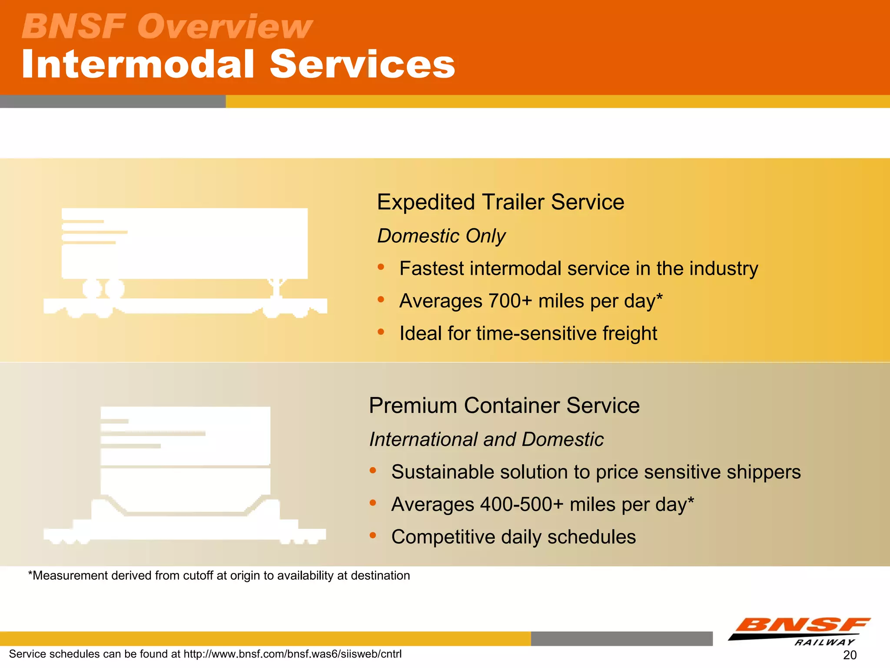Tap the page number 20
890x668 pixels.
pyautogui.click(x=850, y=655)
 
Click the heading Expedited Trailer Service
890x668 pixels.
pyautogui.click(x=500, y=202)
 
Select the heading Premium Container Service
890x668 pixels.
pyautogui.click(x=504, y=405)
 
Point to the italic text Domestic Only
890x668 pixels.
pyautogui.click(x=441, y=236)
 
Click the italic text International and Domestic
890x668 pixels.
pyautogui.click(x=486, y=439)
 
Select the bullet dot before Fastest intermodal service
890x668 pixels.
pyautogui.click(x=381, y=267)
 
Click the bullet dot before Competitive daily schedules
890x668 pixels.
pyautogui.click(x=373, y=535)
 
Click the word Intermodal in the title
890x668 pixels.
pyautogui.click(x=138, y=64)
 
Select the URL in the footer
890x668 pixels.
pyautogui.click(x=292, y=654)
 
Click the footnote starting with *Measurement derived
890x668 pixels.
pyautogui.click(x=219, y=575)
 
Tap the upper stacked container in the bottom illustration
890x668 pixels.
pyautogui.click(x=186, y=436)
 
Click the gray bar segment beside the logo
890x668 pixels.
pyautogui.click(x=621, y=638)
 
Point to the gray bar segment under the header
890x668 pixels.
pyautogui.click(x=113, y=101)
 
